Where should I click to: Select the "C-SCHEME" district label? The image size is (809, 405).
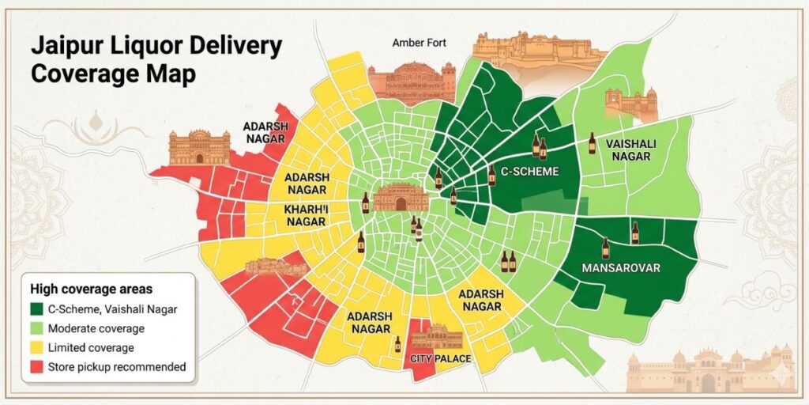[x=530, y=171]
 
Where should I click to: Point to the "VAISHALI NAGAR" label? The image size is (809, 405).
[x=629, y=150]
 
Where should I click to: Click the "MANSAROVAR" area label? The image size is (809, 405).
[x=620, y=267]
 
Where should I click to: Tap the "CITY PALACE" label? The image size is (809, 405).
[x=441, y=358]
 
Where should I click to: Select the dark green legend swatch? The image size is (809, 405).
[x=36, y=309]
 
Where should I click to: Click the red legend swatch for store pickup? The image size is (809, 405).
[x=36, y=367]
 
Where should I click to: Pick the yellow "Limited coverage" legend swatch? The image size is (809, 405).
[x=36, y=348]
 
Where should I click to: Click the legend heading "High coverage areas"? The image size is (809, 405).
[x=91, y=289]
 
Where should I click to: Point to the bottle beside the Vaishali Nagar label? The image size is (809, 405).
[x=593, y=143]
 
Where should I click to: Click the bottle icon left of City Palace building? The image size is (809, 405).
[x=397, y=344]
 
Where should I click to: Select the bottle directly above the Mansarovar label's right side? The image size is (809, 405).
[x=634, y=233]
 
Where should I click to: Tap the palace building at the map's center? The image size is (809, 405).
[x=400, y=198]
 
